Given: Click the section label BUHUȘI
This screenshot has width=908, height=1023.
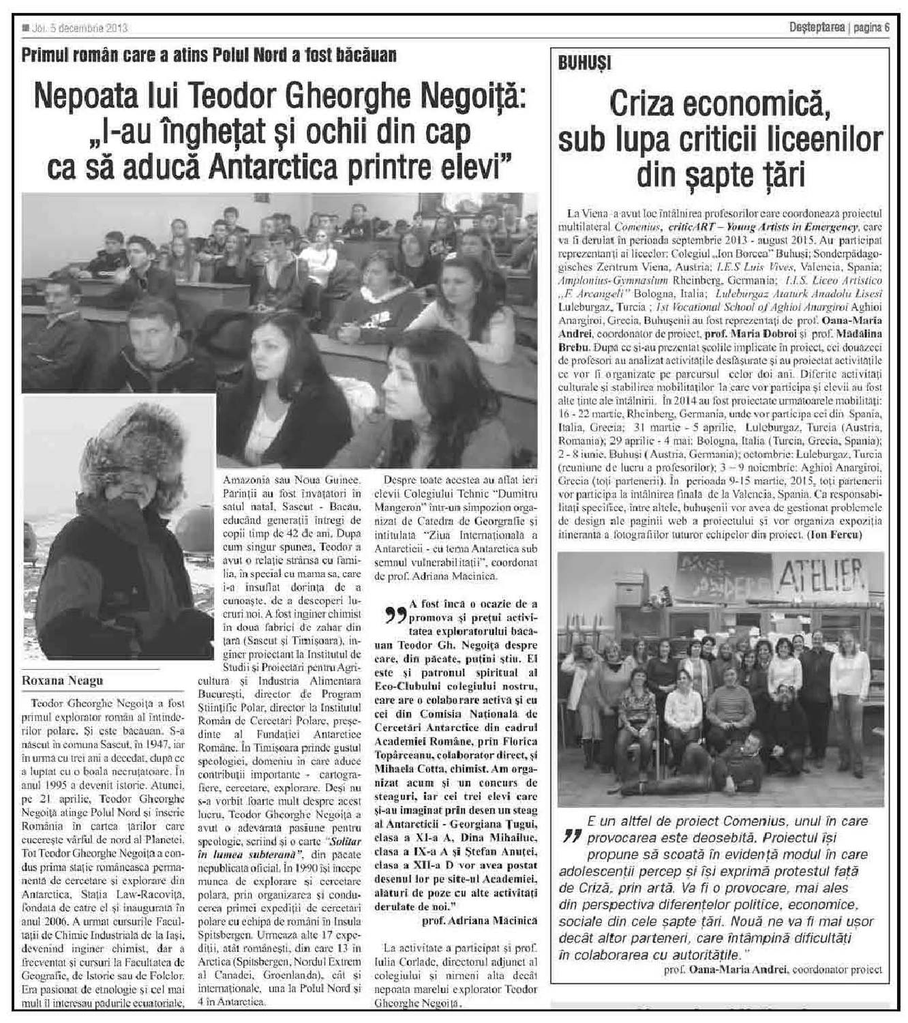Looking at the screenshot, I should (585, 64).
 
